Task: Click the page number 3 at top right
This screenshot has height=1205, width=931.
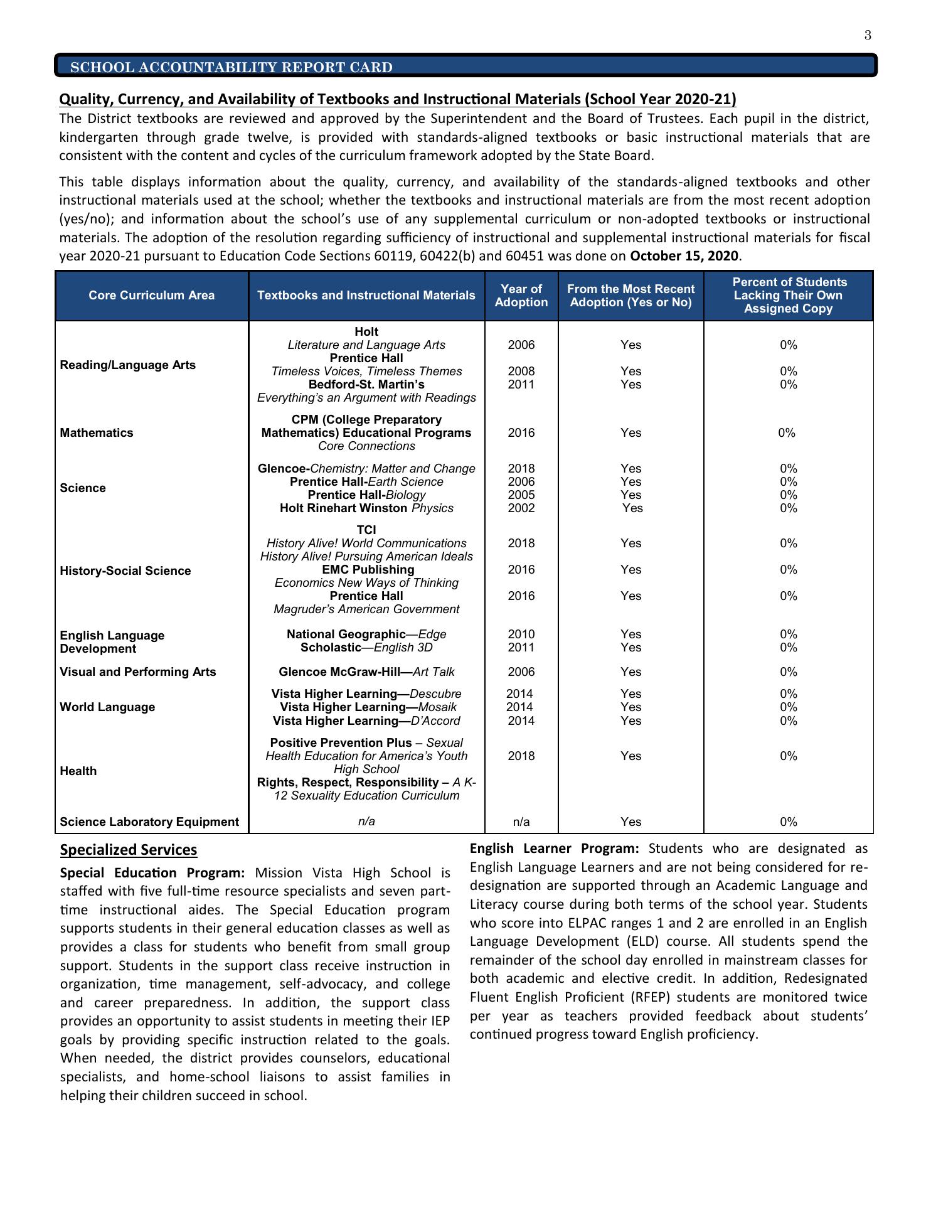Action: pos(868,35)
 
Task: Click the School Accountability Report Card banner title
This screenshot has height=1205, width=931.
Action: pos(231,67)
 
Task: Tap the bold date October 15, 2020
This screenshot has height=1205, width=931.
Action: pos(684,256)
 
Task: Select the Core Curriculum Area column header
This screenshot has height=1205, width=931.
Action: pos(151,296)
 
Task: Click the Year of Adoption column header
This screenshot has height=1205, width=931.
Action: pos(521,296)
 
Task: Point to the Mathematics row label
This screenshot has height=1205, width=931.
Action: pos(97,433)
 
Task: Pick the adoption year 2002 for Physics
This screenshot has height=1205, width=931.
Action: pos(521,508)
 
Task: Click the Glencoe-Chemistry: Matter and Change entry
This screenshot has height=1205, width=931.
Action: pos(366,469)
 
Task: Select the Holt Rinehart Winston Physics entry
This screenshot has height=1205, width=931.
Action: pos(366,508)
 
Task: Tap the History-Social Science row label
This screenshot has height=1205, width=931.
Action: pos(125,571)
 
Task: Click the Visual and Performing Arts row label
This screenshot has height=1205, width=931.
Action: pos(137,672)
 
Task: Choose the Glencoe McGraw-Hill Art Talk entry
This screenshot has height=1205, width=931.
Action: pos(366,672)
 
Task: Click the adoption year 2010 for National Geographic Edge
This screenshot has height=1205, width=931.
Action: pos(521,635)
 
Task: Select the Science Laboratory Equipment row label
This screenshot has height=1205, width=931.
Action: pos(149,822)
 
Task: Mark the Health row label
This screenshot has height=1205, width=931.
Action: pos(78,771)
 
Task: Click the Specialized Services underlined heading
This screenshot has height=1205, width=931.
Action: pos(129,850)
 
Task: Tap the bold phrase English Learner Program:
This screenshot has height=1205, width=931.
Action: pos(554,849)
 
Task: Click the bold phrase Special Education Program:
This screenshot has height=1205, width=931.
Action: pos(152,873)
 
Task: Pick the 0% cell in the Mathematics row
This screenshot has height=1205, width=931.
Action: pos(787,433)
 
